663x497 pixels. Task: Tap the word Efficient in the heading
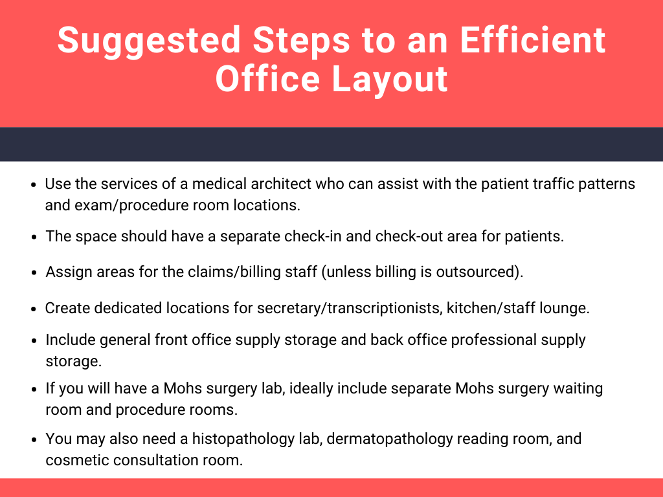[x=533, y=39]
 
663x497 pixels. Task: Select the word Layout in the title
[x=389, y=80]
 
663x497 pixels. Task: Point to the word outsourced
[x=477, y=272]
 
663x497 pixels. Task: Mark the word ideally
[x=311, y=388]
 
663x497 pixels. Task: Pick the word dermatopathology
[x=390, y=439]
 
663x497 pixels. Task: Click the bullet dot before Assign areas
[x=34, y=272]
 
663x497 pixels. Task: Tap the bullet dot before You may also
[x=34, y=439]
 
